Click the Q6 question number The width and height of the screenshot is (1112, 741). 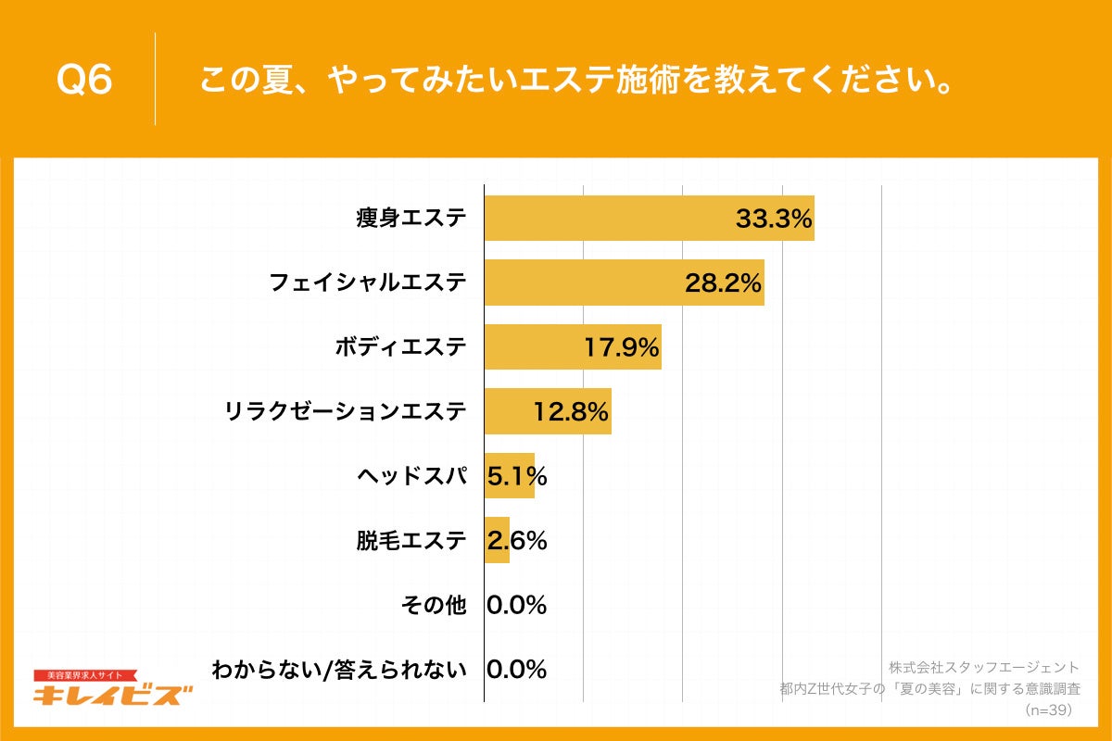[x=84, y=81]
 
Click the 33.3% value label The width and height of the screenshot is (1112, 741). [x=774, y=219]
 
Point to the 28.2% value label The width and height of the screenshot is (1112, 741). [x=723, y=283]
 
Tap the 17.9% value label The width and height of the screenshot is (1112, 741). [x=621, y=347]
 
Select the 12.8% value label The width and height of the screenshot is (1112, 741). [x=571, y=411]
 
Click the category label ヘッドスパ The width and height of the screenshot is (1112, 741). [x=411, y=476]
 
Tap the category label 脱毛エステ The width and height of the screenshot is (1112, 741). [x=411, y=540]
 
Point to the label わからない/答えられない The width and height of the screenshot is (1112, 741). [x=339, y=669]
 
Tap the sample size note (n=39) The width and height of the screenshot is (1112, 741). [x=1049, y=710]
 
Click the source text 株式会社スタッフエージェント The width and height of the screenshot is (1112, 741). [x=984, y=667]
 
